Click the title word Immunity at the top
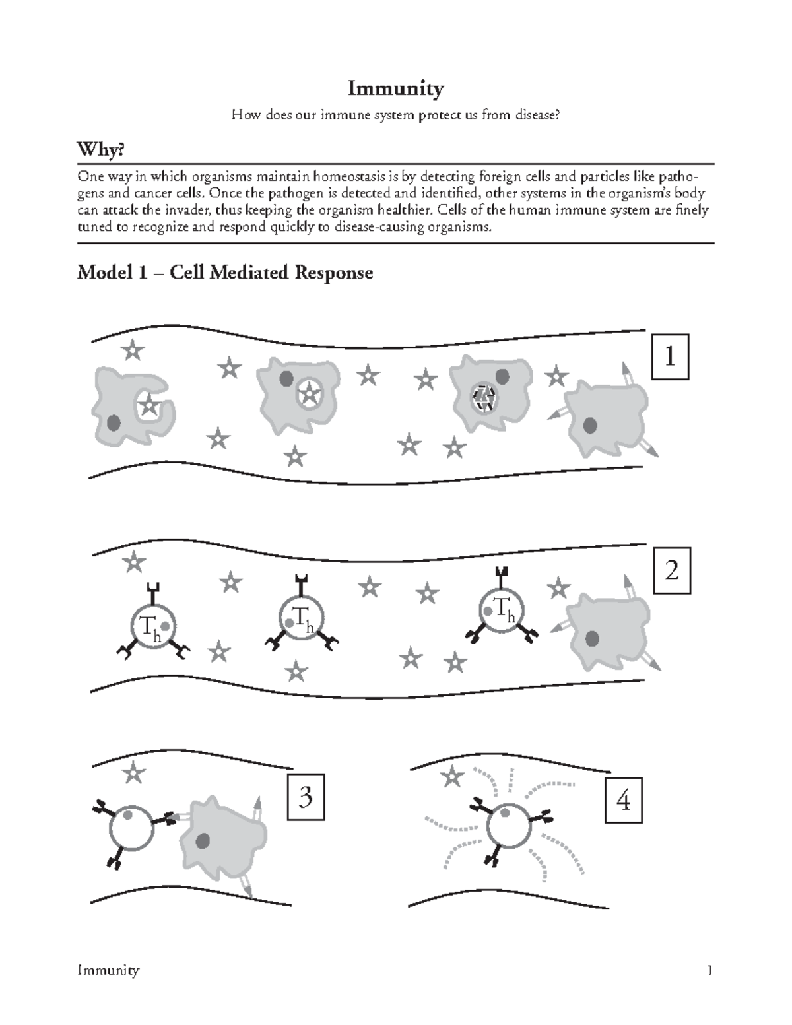395,88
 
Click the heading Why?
101,150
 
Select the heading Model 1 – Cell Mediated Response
225,272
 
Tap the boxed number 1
671,357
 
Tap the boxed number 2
672,570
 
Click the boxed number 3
306,798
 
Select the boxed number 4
623,801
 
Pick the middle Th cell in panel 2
300,618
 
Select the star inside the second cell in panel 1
308,395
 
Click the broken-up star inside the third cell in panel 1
485,397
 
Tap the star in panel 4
453,777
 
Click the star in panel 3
135,770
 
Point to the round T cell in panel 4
508,825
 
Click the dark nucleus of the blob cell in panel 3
203,841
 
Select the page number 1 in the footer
709,970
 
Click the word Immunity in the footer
108,970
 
